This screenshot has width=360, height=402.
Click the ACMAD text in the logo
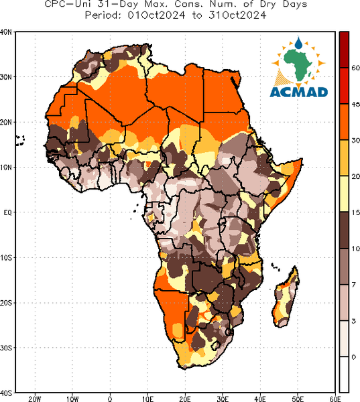pyautogui.click(x=299, y=92)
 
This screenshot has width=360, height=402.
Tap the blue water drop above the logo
pyautogui.click(x=298, y=43)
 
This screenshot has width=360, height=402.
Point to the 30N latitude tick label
pyautogui.click(x=5, y=77)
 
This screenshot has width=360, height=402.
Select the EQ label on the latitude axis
pyautogui.click(x=7, y=212)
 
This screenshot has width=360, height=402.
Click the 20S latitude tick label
pyautogui.click(x=5, y=303)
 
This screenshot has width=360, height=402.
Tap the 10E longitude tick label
pyautogui.click(x=147, y=399)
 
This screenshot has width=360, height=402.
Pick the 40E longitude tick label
pyautogui.click(x=260, y=399)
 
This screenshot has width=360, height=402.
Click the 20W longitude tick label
pyautogui.click(x=35, y=399)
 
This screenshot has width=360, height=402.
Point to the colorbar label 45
pyautogui.click(x=355, y=105)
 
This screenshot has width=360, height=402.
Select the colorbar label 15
pyautogui.click(x=355, y=212)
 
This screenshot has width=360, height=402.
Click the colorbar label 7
pyautogui.click(x=353, y=285)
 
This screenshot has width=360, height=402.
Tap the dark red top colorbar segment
pyautogui.click(x=344, y=50)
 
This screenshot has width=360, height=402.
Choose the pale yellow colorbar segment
pyautogui.click(x=344, y=194)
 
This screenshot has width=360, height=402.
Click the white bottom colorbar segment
pyautogui.click(x=344, y=375)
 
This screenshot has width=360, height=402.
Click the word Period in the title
pyautogui.click(x=103, y=15)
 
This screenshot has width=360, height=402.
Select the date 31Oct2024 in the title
pyautogui.click(x=237, y=15)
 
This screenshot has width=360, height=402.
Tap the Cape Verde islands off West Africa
pyautogui.click(x=19, y=141)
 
